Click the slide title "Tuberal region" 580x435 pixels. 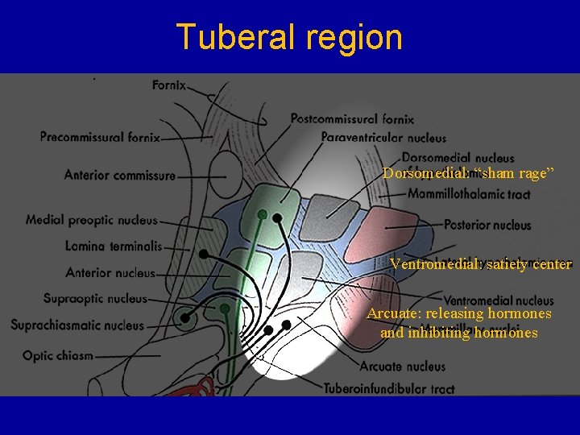click(x=289, y=37)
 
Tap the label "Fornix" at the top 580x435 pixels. click(x=168, y=84)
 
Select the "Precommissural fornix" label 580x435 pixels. click(x=100, y=137)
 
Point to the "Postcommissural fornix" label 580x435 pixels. click(x=352, y=119)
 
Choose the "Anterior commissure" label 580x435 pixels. click(x=119, y=175)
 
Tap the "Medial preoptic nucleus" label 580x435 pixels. click(x=91, y=219)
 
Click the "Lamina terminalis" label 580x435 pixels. click(x=114, y=246)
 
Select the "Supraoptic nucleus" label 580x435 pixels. click(x=95, y=299)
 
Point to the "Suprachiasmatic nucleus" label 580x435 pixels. click(x=77, y=325)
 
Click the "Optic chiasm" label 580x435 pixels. click(x=58, y=355)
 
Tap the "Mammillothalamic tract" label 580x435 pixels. click(x=469, y=194)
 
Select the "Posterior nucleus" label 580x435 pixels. click(x=487, y=225)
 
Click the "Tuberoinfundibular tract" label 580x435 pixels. click(x=389, y=388)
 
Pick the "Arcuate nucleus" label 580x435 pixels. click(x=403, y=367)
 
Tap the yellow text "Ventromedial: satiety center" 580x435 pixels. click(x=481, y=263)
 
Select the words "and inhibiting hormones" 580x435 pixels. click(x=458, y=332)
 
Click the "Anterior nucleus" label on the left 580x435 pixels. click(x=110, y=273)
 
